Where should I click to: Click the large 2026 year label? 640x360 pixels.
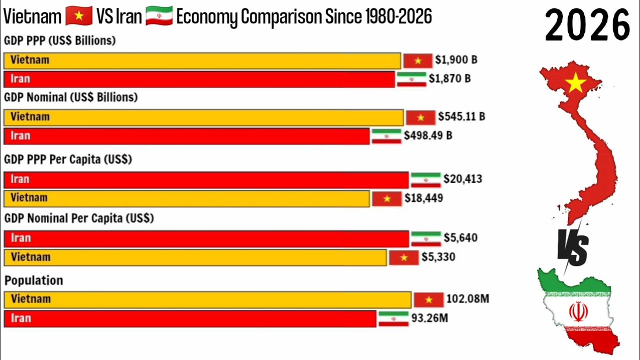[587, 25]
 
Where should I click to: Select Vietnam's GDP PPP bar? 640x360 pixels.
[202, 60]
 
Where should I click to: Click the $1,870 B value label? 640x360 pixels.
[452, 79]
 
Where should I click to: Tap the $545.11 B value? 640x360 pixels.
[461, 117]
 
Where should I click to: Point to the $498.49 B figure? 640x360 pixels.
[428, 135]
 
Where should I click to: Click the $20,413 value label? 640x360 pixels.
[462, 179]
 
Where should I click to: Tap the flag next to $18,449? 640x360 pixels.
[387, 198]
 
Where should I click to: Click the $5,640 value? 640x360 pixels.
[460, 238]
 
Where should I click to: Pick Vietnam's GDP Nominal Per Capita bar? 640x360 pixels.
[195, 257]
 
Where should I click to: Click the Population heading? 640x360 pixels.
[33, 280]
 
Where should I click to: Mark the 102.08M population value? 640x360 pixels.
[467, 299]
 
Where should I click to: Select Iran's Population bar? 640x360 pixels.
[190, 318]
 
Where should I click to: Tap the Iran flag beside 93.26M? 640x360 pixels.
[393, 318]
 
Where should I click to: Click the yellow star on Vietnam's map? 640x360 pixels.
[576, 83]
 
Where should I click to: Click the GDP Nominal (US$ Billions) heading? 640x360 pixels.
[70, 97]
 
